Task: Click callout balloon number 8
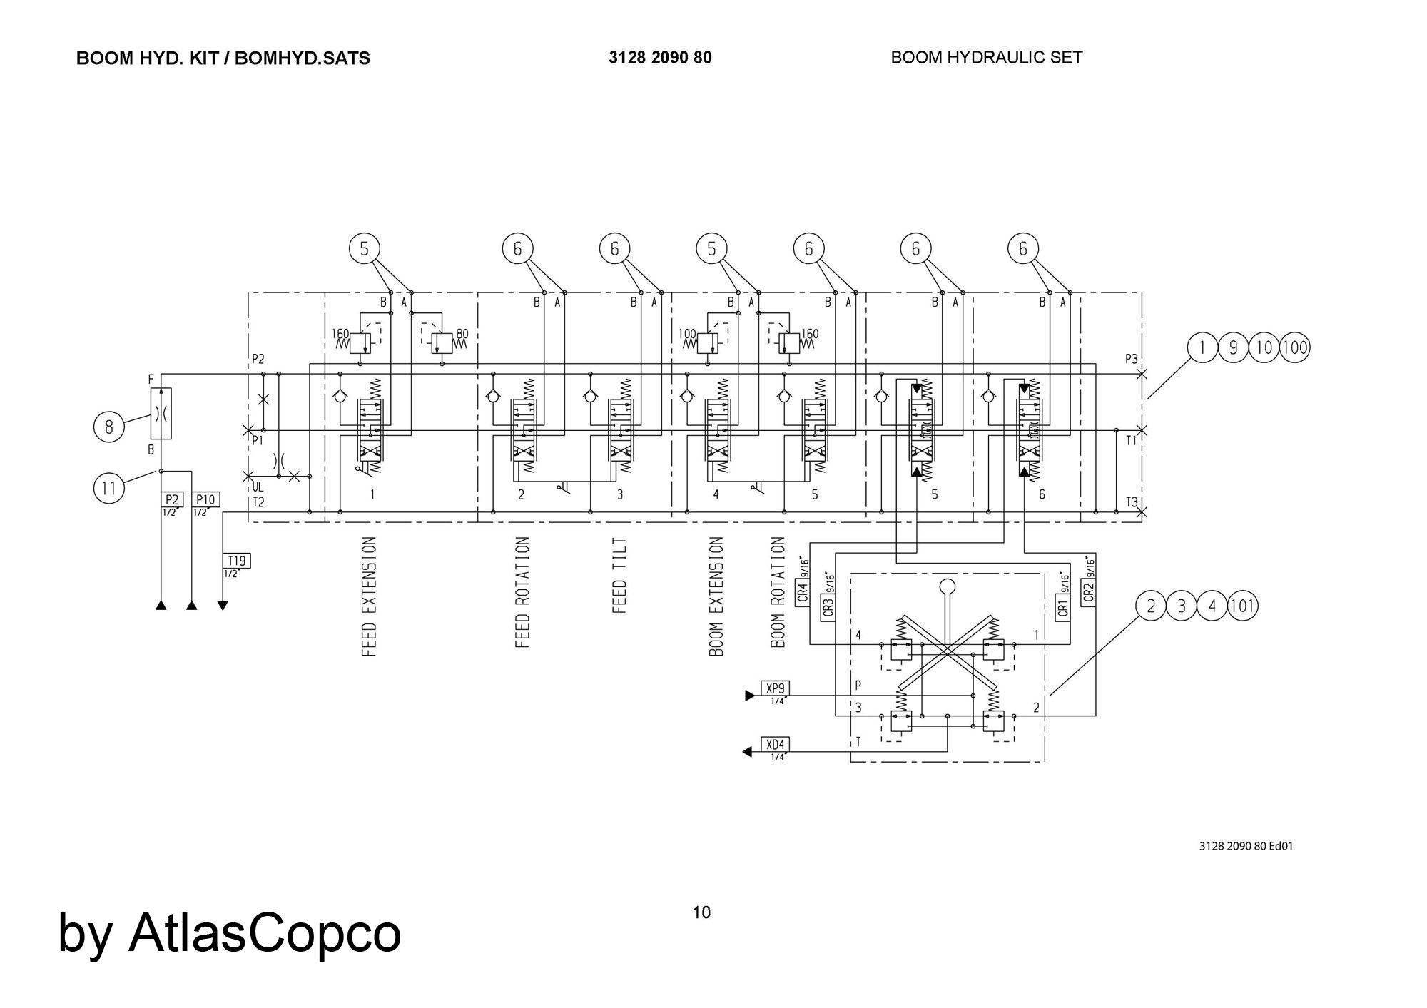pos(108,427)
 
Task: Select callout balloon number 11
pos(108,488)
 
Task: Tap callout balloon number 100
pos(1294,348)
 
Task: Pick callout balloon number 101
pos(1242,606)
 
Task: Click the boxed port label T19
pos(236,561)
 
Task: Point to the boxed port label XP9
pos(775,688)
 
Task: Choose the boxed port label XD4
pos(775,745)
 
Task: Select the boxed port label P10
pos(205,499)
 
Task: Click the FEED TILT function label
pos(619,576)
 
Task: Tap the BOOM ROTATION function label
pos(778,593)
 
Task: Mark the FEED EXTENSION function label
pos(369,596)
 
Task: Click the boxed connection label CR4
pos(802,592)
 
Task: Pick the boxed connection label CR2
pos(1087,592)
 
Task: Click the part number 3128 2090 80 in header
pos(660,58)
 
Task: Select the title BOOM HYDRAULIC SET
pos(986,58)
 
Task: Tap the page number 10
pos(701,912)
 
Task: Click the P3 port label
pos(1132,359)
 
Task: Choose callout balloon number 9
pos(1233,348)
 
